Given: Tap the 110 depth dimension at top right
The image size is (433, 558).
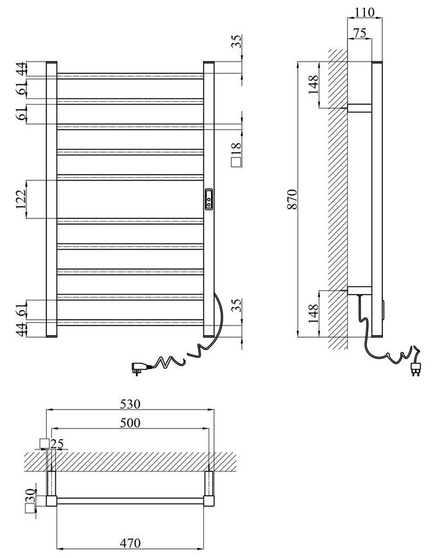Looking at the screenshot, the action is click(364, 12).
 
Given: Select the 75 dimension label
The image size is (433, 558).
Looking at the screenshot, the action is click(359, 33).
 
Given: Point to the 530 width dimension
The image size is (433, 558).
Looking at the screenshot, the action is click(130, 404).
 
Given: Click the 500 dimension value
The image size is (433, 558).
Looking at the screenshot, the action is click(130, 423).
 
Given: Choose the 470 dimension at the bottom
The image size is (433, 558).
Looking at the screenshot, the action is click(130, 543).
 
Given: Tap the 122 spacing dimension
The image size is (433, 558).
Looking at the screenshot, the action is click(21, 199).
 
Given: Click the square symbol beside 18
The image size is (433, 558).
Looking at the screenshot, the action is click(237, 162).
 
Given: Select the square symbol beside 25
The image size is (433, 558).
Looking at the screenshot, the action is click(44, 444).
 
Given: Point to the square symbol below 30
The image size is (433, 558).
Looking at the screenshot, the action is click(30, 508).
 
